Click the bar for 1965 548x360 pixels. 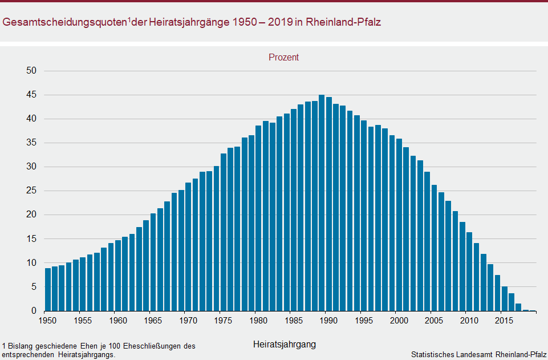(153, 262)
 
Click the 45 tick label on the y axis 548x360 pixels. (31, 95)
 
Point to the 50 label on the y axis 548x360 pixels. (31, 71)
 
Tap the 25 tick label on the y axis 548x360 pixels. (31, 191)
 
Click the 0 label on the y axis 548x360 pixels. (34, 311)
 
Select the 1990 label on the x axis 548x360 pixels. (329, 321)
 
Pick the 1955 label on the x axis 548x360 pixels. (83, 321)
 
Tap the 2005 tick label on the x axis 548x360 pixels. (435, 321)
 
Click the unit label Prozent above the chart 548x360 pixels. (284, 57)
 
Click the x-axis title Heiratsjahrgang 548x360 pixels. (284, 345)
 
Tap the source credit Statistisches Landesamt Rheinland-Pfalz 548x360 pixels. (478, 354)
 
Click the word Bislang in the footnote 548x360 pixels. (19, 346)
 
